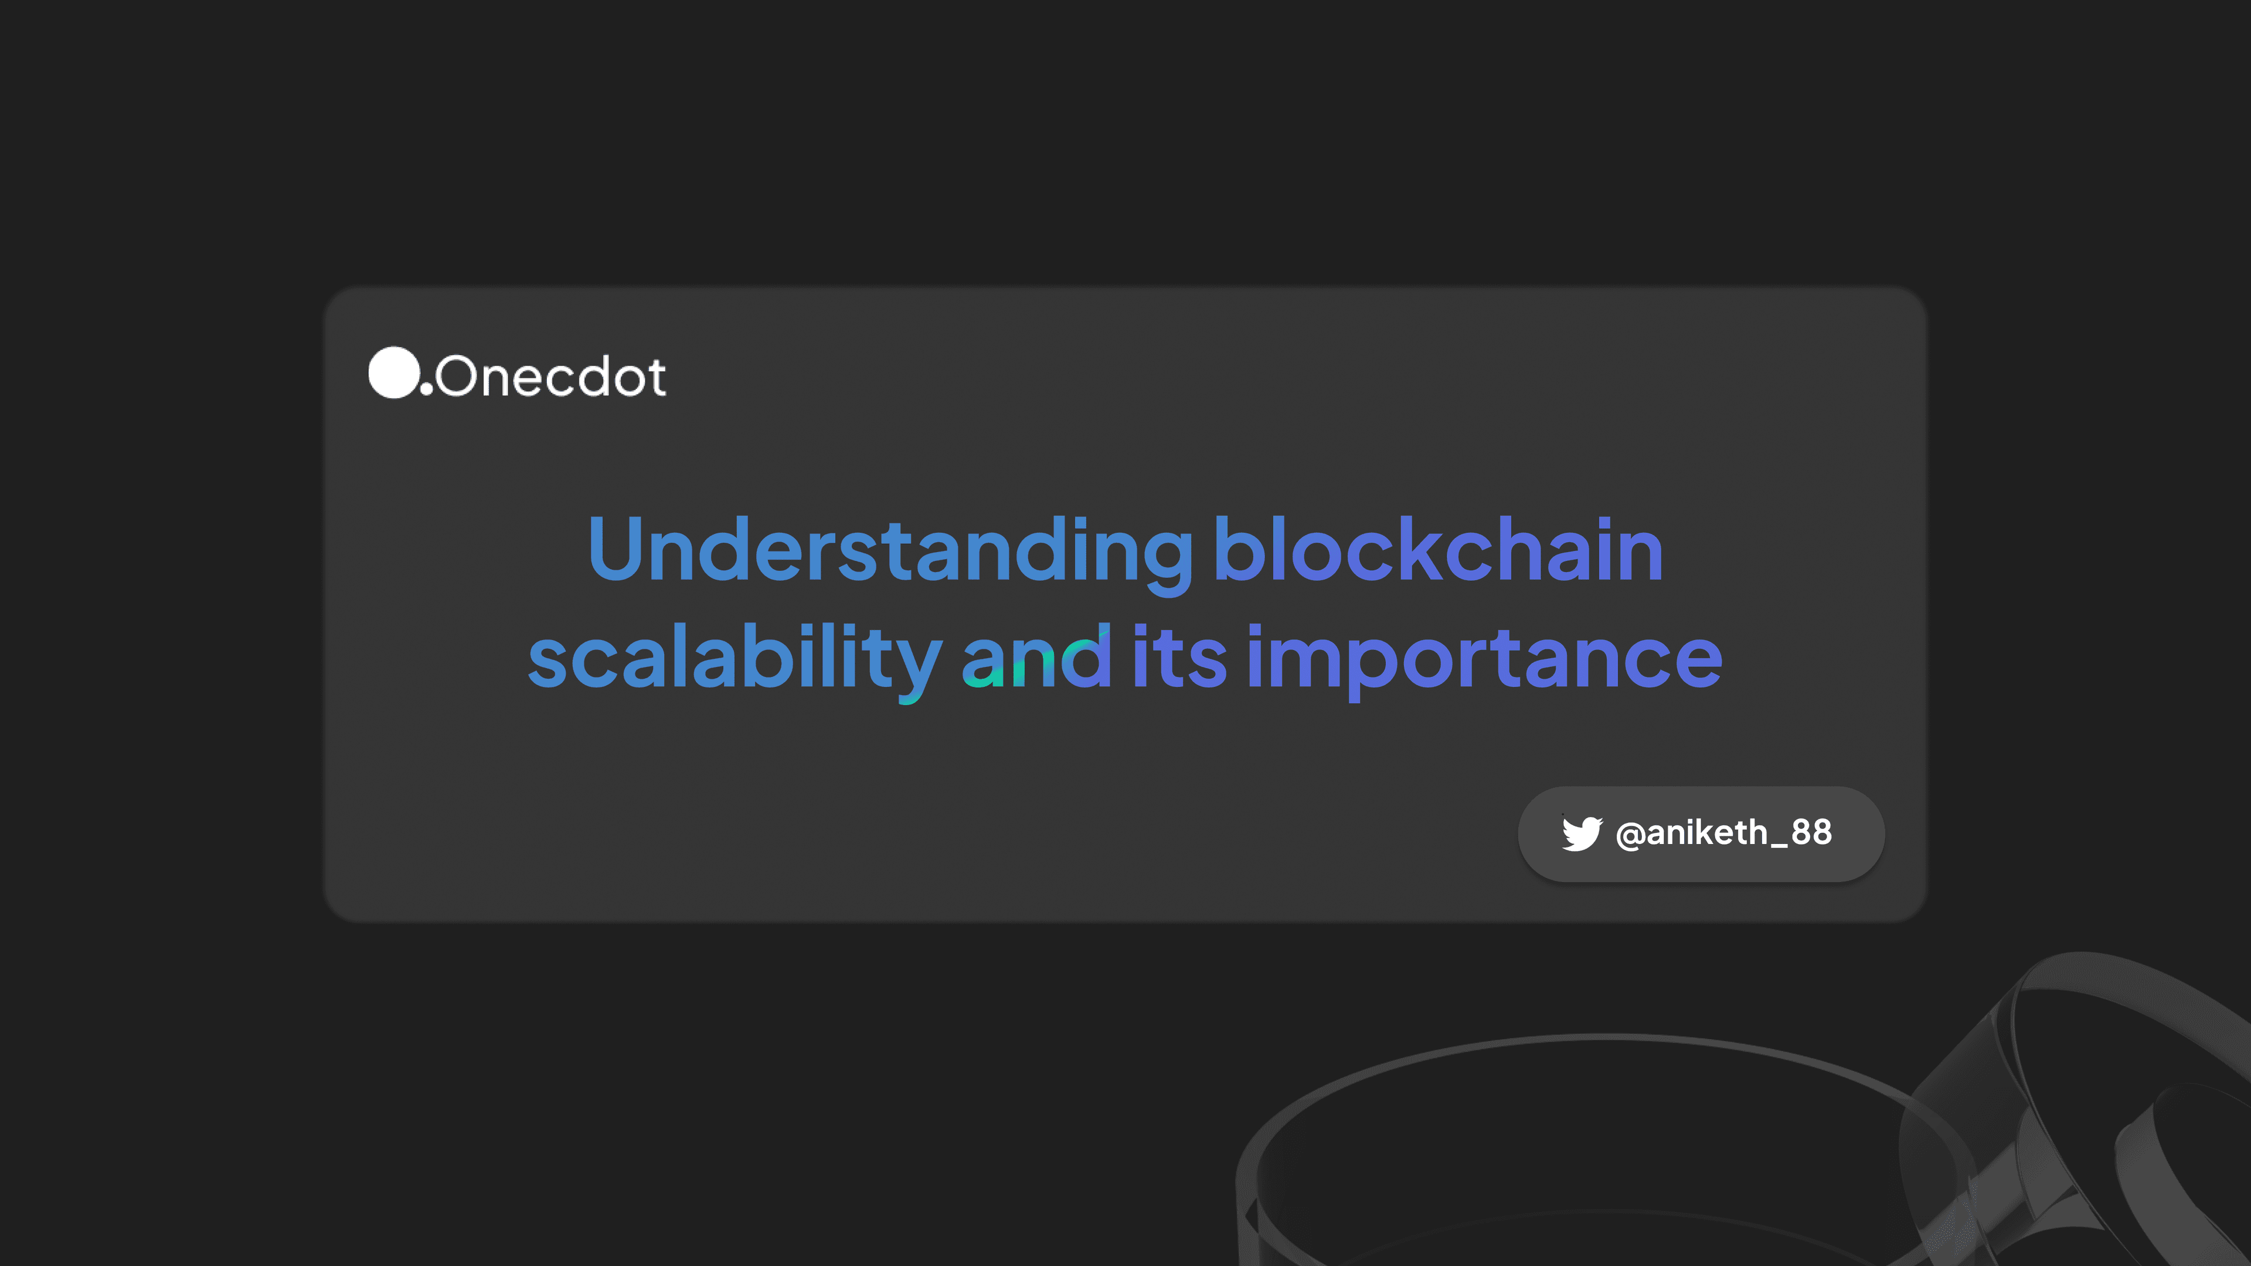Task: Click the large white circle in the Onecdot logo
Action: (394, 372)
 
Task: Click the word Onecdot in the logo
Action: (550, 376)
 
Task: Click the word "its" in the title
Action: (1179, 656)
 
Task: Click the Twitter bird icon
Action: (1582, 833)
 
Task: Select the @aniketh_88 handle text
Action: (1724, 833)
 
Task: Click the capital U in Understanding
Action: (616, 549)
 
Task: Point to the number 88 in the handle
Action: (1811, 832)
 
